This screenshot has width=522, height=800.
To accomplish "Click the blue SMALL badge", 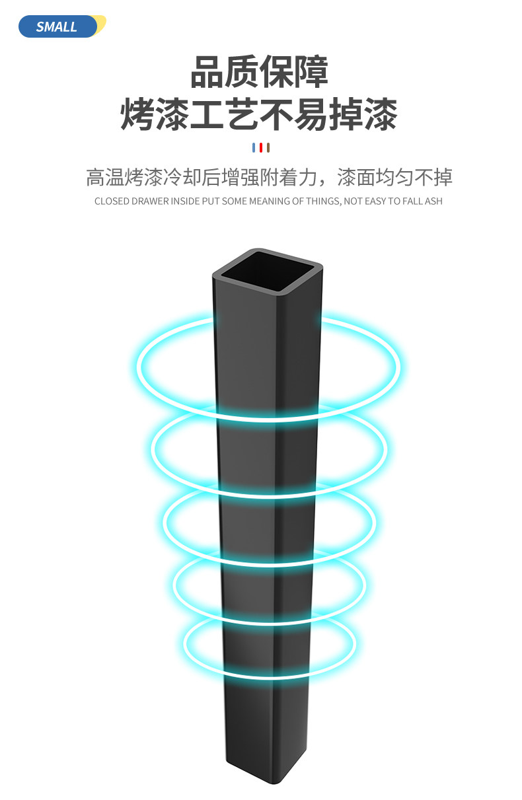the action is point(57,26).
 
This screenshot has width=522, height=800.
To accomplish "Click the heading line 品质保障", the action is point(260,73).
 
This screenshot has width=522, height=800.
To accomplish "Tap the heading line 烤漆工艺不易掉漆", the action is point(260,115).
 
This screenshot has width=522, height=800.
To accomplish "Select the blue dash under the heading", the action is point(253,147).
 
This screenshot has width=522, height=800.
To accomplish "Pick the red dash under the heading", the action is point(260,147).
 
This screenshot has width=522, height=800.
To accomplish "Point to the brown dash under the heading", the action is point(268,147).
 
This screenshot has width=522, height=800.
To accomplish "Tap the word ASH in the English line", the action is point(433,201).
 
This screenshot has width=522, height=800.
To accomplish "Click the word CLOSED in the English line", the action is point(112,201).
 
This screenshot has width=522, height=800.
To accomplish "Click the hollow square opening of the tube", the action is point(267,272).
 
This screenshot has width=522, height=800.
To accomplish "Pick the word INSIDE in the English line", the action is point(186,201).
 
